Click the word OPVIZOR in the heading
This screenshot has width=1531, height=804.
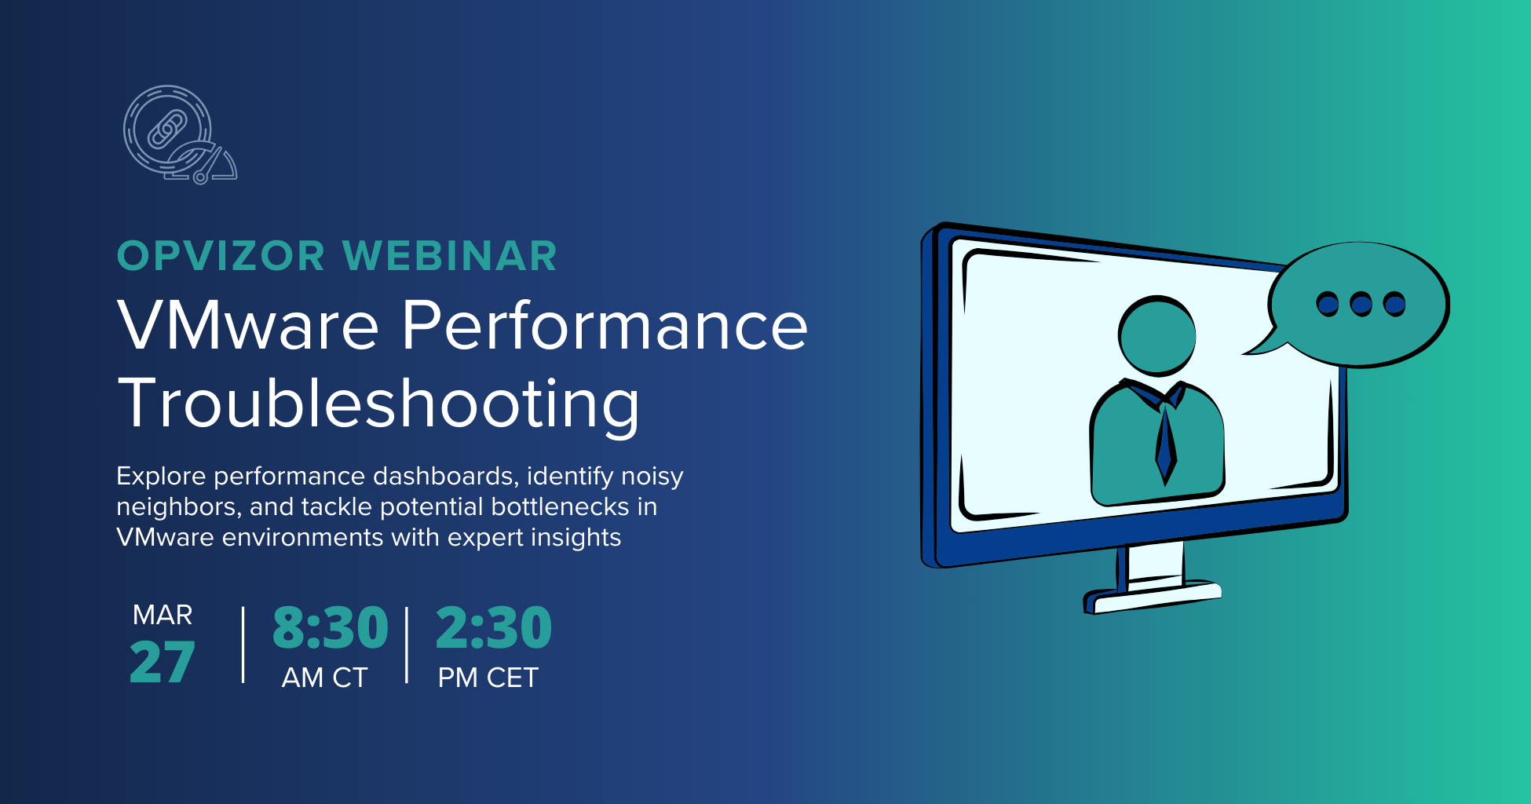(x=221, y=257)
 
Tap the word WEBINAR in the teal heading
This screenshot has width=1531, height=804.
(x=449, y=257)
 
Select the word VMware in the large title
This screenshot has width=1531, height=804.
(x=248, y=325)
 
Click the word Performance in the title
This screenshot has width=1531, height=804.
(x=605, y=325)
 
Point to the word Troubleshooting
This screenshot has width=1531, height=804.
(x=378, y=404)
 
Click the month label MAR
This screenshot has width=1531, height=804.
(x=163, y=615)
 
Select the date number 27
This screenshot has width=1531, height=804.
(x=162, y=663)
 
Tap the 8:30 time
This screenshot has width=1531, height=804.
(x=331, y=628)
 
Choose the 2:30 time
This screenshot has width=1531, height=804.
(x=494, y=628)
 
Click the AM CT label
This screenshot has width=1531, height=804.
(x=324, y=678)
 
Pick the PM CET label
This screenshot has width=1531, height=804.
(x=488, y=678)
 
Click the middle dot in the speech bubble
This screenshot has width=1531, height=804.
(x=1361, y=304)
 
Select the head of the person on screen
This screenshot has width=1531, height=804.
(x=1156, y=336)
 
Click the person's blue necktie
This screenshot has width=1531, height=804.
(x=1166, y=444)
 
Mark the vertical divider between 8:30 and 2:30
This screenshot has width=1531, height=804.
(x=407, y=645)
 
